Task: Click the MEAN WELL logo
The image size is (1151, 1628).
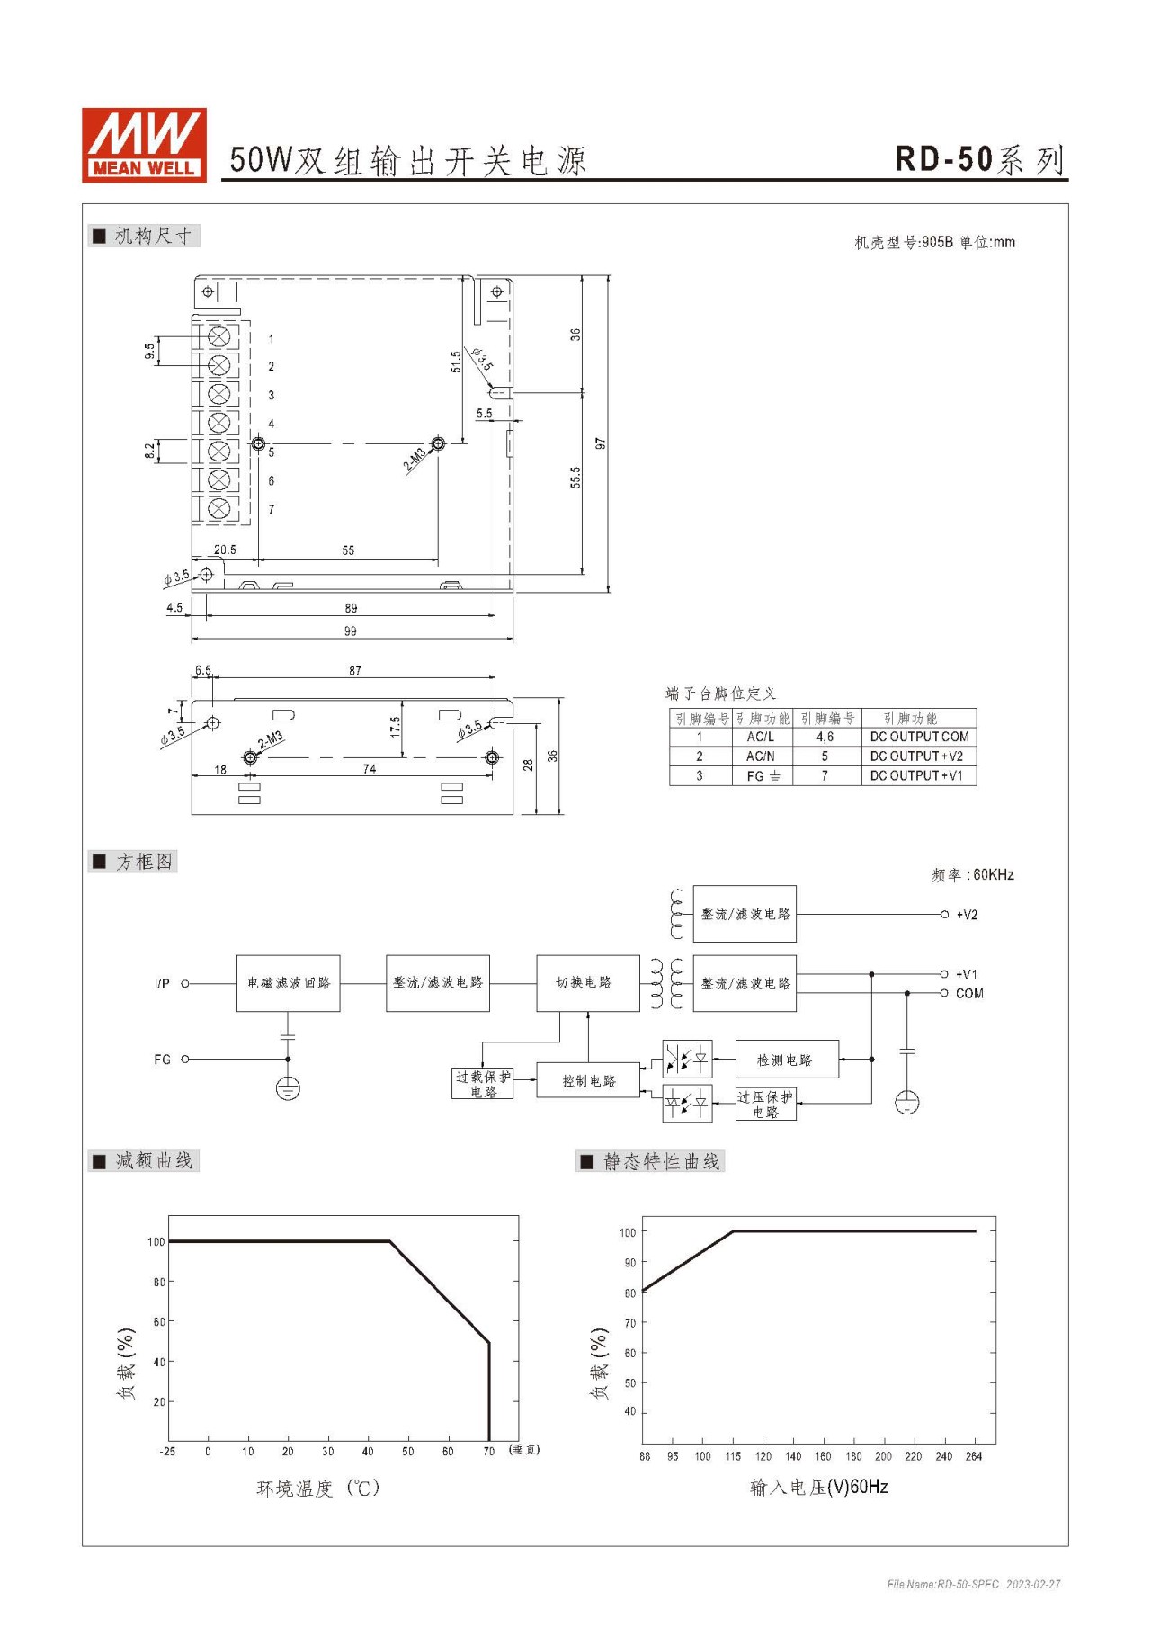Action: click(x=144, y=145)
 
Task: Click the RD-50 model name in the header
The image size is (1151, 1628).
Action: click(x=943, y=159)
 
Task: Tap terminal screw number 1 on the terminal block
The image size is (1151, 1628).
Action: click(x=219, y=336)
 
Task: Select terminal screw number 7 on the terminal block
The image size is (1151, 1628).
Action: click(x=219, y=509)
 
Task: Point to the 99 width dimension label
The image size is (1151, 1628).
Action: click(x=351, y=631)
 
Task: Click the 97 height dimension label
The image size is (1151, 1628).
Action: click(x=601, y=443)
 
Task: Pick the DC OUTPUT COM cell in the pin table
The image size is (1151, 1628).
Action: click(x=919, y=737)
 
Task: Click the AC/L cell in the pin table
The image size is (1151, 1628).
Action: click(x=761, y=737)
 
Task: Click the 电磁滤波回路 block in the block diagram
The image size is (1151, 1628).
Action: click(x=289, y=983)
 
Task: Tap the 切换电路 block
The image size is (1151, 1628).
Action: click(x=588, y=983)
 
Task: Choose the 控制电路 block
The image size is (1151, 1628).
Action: click(x=589, y=1080)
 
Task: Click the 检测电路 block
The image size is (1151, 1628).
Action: click(x=787, y=1060)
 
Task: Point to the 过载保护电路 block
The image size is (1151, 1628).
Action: click(x=483, y=1084)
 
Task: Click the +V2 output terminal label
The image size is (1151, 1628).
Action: click(x=967, y=915)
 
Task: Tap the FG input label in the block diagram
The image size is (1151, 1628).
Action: click(x=162, y=1060)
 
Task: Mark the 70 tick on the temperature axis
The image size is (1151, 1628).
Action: click(x=488, y=1452)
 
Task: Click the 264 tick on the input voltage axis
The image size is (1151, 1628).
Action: click(x=974, y=1456)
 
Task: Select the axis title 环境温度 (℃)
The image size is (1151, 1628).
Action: click(x=318, y=1489)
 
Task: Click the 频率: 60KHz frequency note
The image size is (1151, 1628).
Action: click(x=973, y=874)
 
